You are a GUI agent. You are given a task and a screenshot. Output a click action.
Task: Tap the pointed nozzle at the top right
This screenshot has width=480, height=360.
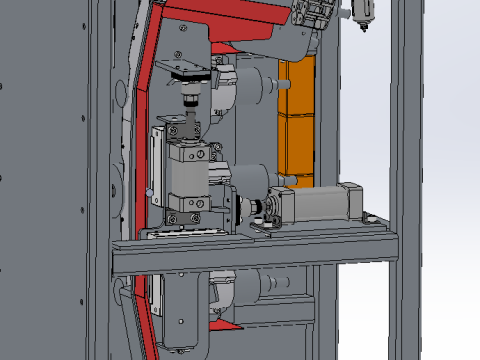362,18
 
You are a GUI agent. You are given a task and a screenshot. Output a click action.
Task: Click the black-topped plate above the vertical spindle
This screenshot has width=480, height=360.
190,72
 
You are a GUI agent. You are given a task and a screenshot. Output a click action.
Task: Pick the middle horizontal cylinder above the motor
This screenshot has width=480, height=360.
250,178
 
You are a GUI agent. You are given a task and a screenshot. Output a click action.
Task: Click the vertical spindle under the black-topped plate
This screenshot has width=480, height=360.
190,100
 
